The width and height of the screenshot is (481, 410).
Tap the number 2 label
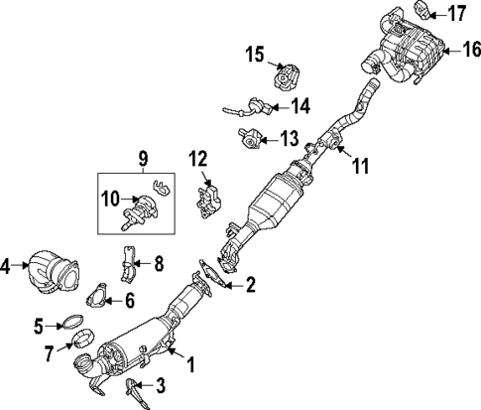coord(250,286)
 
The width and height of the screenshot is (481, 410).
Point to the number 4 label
coord(8,266)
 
